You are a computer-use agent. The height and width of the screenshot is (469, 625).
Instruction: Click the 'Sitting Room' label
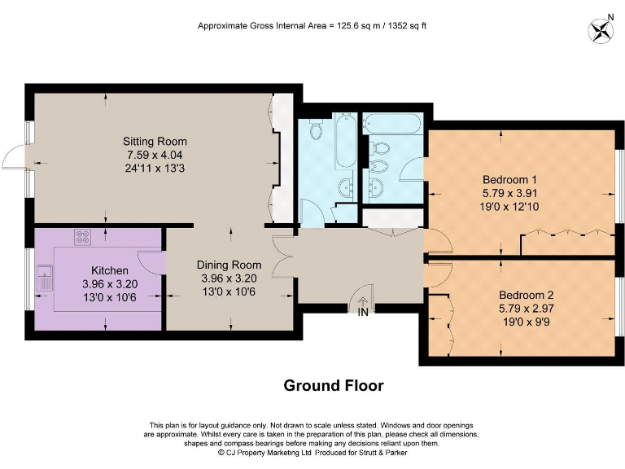click(145, 140)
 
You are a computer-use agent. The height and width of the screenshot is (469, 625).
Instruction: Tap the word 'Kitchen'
click(109, 270)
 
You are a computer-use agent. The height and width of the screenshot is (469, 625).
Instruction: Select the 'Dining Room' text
click(229, 265)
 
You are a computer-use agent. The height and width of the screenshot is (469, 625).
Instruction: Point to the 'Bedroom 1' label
click(509, 179)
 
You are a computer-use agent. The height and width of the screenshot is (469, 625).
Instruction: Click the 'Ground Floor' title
click(333, 385)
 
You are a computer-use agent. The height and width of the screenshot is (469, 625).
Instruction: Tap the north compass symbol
click(601, 31)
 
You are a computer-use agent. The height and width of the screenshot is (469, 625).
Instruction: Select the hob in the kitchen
click(83, 238)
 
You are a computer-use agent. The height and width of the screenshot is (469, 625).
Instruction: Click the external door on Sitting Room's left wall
click(18, 159)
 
